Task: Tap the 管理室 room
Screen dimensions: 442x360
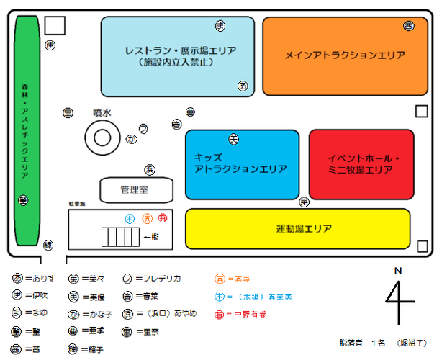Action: tap(136, 190)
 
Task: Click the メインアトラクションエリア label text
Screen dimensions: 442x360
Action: tap(344, 55)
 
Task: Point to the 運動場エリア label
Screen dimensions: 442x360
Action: tap(304, 229)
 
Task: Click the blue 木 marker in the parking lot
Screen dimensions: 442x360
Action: tap(130, 218)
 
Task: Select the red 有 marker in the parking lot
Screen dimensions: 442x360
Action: tap(162, 218)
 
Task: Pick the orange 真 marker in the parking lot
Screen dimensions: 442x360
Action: tap(147, 218)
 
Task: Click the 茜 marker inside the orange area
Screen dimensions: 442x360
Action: tap(408, 26)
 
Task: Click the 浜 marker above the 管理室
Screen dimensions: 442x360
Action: tap(150, 170)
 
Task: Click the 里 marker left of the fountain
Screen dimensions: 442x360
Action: tap(68, 113)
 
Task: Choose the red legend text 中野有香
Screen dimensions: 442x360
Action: tap(248, 314)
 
